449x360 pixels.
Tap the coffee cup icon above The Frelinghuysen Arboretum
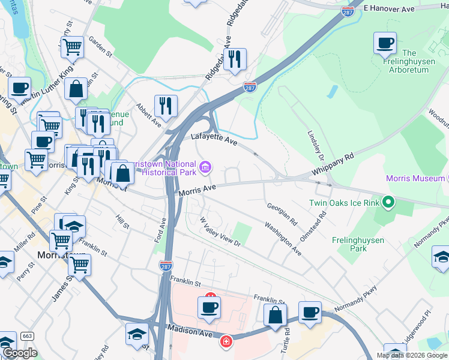point(385,43)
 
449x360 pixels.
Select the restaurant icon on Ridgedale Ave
point(235,59)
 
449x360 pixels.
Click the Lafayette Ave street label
point(214,139)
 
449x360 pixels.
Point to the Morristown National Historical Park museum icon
point(205,167)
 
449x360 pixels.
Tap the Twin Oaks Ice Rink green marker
point(388,203)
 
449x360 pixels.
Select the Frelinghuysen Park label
point(358,244)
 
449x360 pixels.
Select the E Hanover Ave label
point(390,10)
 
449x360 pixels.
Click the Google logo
point(20,353)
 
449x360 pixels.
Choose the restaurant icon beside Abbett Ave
point(165,106)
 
